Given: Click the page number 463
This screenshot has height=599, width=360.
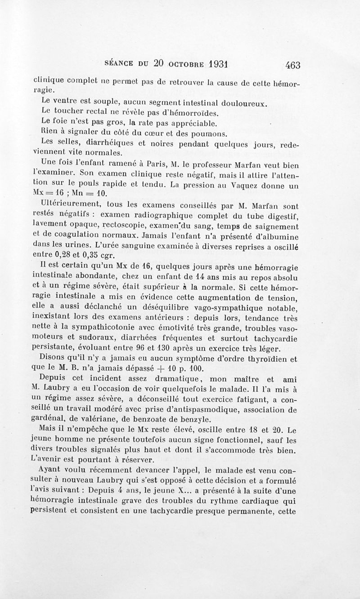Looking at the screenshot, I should point(292,65).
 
